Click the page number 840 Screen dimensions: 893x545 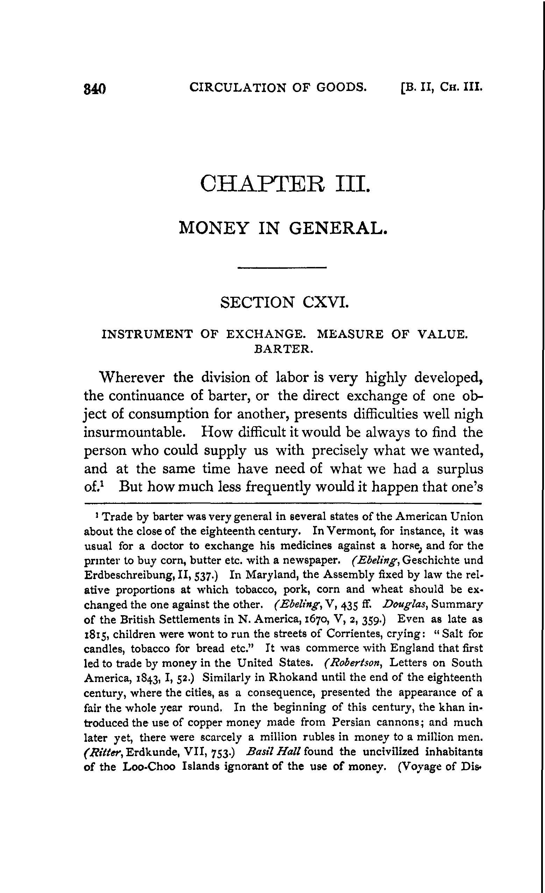94,89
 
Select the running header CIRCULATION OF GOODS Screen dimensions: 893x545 278,87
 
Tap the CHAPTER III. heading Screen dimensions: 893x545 285,184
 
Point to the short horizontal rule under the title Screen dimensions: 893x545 282,268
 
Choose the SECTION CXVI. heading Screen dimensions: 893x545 284,302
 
